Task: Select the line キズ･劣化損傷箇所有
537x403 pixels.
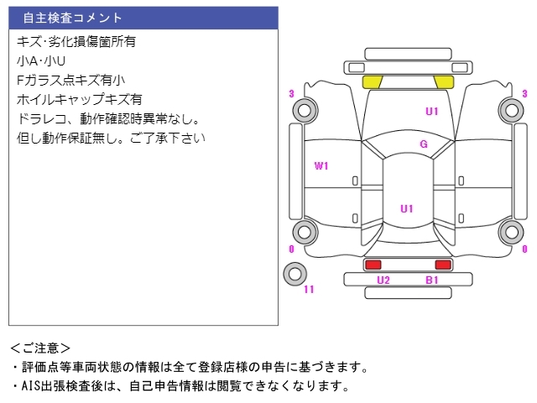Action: coord(76,41)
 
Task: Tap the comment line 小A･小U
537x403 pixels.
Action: coord(40,60)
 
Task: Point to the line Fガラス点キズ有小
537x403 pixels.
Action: coord(70,80)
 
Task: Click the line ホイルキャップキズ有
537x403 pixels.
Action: coord(79,99)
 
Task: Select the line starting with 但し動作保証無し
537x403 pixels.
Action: coord(110,138)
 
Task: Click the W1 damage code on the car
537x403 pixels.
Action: coord(321,166)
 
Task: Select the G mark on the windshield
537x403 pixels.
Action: coord(424,144)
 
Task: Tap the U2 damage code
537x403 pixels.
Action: coord(383,280)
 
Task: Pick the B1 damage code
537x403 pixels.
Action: coord(432,280)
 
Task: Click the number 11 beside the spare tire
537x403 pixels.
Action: coord(309,290)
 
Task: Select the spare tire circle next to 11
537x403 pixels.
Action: coord(294,273)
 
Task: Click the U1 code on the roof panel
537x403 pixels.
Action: coord(407,208)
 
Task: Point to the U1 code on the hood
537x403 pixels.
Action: coord(432,111)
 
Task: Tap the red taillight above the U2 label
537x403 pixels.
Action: coord(373,264)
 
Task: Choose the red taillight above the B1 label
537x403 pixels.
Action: coord(442,264)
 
